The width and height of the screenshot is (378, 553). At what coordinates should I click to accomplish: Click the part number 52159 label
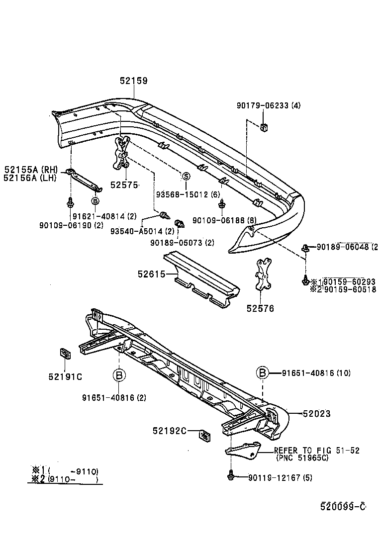pos(133,81)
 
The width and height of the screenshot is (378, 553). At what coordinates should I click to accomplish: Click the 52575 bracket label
pos(123,184)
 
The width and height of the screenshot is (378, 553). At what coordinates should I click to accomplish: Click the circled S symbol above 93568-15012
pos(186,176)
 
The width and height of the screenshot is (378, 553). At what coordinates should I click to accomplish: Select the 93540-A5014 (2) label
pos(142,231)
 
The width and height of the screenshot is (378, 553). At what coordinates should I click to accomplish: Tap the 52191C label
pos(65,376)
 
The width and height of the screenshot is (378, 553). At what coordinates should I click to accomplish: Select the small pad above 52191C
pos(65,354)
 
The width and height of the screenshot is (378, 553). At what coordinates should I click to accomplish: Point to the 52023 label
pos(316,413)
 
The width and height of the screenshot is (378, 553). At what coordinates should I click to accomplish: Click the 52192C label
pos(170,431)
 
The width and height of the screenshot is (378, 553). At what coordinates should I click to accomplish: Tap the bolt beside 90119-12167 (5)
pos(231,476)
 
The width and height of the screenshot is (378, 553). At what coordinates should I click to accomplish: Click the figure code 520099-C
pos(343,506)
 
